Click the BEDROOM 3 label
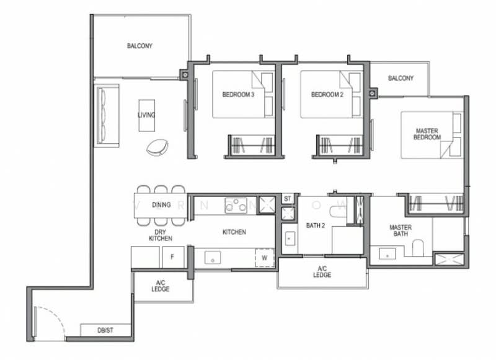click(x=238, y=95)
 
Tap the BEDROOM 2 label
click(x=327, y=95)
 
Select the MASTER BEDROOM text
click(x=427, y=134)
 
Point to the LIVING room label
click(x=146, y=115)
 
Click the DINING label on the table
click(x=161, y=205)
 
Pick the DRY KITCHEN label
click(x=160, y=234)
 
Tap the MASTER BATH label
click(x=401, y=231)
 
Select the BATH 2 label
click(x=316, y=226)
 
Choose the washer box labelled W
click(x=265, y=257)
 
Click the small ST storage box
click(x=287, y=199)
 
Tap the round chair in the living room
click(x=157, y=147)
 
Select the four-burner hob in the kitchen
click(x=236, y=205)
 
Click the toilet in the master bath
click(x=418, y=247)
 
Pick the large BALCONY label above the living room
click(x=139, y=46)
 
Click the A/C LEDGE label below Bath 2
click(x=321, y=272)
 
